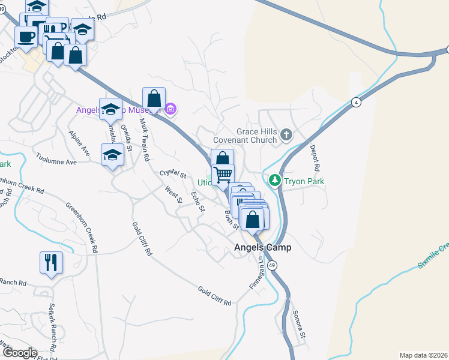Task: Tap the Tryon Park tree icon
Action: point(275,180)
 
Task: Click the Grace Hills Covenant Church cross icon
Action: point(286,135)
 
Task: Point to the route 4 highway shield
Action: point(357,102)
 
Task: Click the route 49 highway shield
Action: point(273,265)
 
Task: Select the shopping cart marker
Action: point(223,174)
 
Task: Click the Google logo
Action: point(19,353)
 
